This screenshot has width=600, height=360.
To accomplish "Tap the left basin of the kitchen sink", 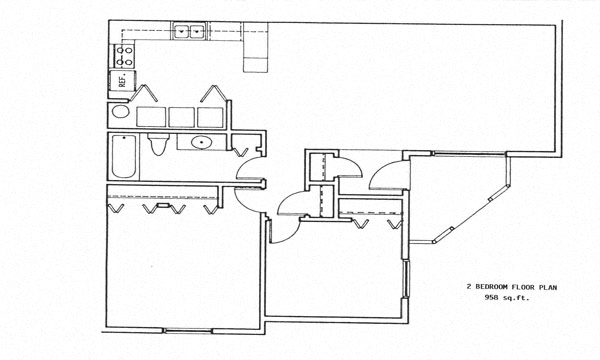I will [183, 32].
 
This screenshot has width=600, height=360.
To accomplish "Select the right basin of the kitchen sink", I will [198, 32].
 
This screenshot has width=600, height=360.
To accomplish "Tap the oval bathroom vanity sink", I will [202, 143].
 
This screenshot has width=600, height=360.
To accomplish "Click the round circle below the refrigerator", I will [120, 112].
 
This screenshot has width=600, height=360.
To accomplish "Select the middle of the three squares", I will [181, 115].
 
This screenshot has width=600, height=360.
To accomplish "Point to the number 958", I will [491, 298].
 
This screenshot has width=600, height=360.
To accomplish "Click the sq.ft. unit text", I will [517, 298].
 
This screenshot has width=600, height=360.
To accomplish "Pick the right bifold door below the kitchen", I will [213, 93].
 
